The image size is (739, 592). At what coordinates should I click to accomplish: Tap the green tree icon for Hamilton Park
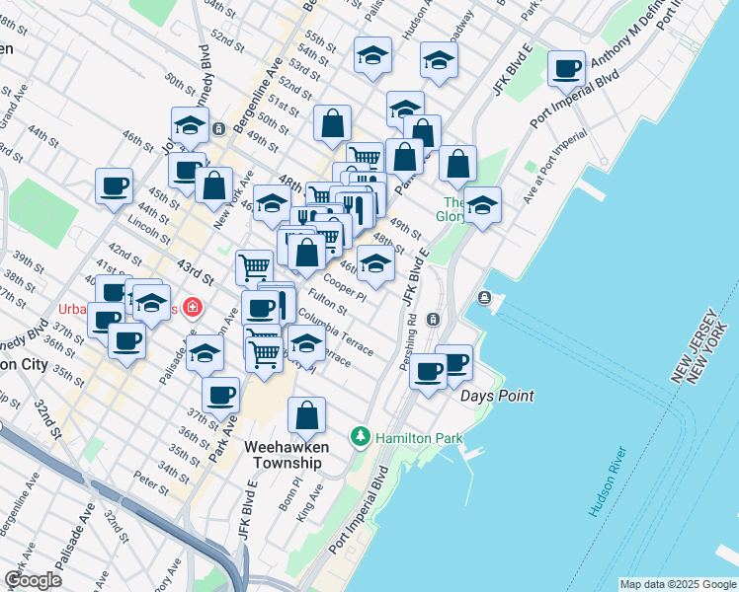coord(362,435)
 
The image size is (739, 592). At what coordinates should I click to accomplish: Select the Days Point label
coord(497,396)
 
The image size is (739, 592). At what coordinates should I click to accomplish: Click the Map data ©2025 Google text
coord(677,584)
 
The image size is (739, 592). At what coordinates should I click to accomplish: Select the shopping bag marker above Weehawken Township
coord(307,414)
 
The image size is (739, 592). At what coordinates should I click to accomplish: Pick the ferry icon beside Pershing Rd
coord(433,319)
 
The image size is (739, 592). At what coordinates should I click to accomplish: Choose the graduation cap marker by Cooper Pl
coord(374,263)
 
